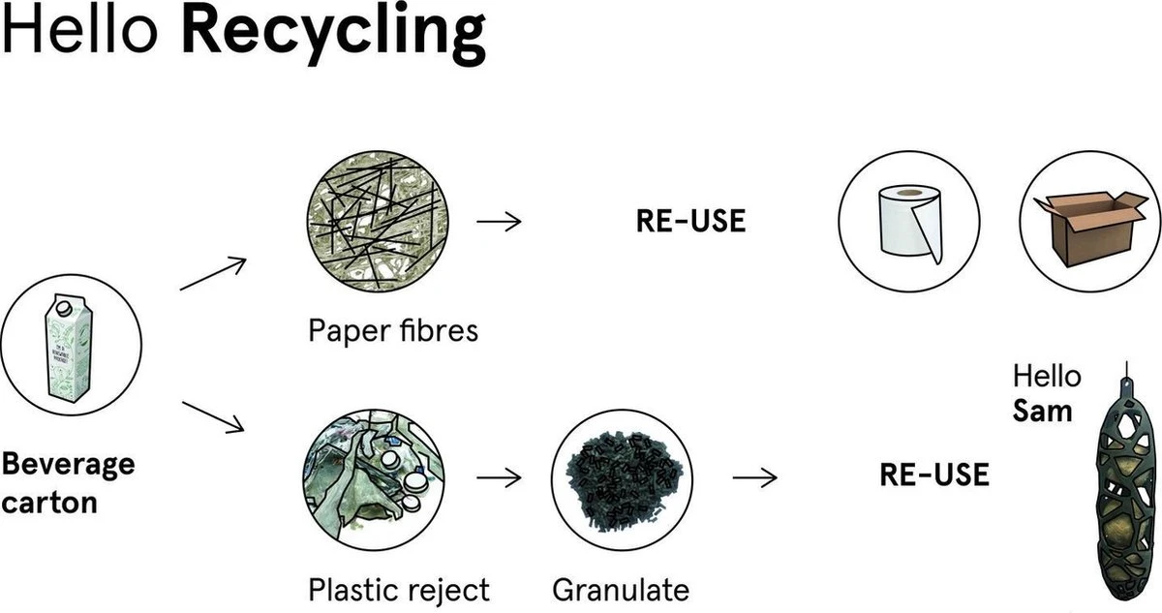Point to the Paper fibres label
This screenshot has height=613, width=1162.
[x=393, y=331]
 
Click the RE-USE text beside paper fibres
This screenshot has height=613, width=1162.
[x=690, y=221]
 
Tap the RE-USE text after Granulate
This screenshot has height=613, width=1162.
[x=934, y=475]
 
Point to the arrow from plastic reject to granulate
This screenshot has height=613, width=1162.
[x=499, y=477]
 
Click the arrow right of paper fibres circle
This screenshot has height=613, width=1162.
[x=499, y=221]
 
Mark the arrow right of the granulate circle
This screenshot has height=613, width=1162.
[x=755, y=476]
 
